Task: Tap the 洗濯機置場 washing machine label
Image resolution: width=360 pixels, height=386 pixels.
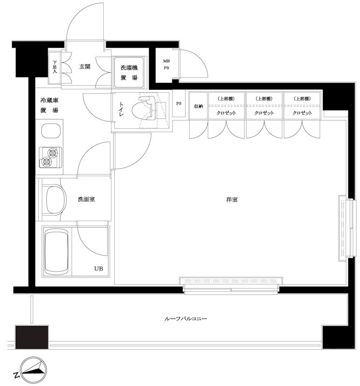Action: pos(129,72)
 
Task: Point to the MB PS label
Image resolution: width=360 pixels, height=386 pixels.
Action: pos(166,64)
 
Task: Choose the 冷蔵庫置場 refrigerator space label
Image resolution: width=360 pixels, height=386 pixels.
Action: pos(49,106)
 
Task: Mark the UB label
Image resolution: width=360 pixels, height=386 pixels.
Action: pos(98,269)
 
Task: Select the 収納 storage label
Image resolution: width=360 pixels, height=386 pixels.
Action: pos(198,106)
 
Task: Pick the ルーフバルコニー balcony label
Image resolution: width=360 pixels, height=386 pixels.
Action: pos(186,319)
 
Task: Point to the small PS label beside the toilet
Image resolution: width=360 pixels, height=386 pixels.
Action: pos(179,103)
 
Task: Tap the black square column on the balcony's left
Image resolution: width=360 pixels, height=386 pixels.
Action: pos(32,336)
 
